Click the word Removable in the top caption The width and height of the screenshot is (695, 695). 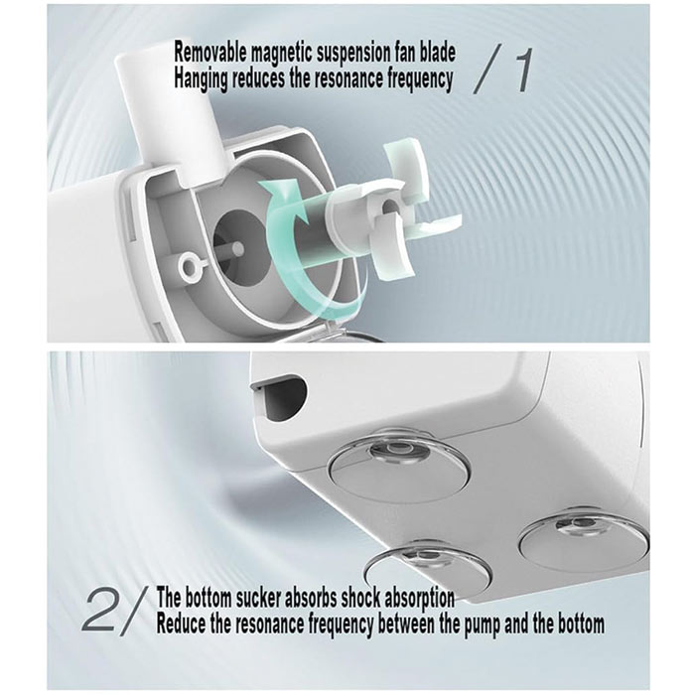(x=210, y=53)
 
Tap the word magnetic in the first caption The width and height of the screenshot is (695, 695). (x=283, y=53)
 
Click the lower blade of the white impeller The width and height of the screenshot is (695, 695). (x=394, y=248)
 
